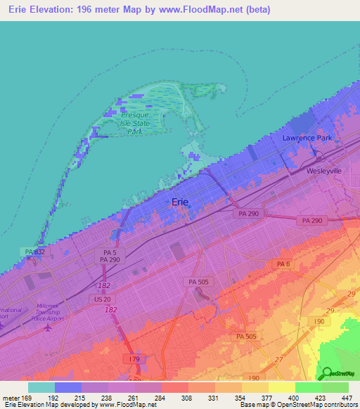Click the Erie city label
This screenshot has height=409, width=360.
[x=179, y=202]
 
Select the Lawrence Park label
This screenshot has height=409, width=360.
[x=307, y=138]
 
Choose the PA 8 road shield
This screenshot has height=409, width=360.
[x=283, y=264]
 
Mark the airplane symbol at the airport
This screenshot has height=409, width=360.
[x=48, y=327]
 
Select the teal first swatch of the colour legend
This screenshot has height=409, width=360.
[x=41, y=387]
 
